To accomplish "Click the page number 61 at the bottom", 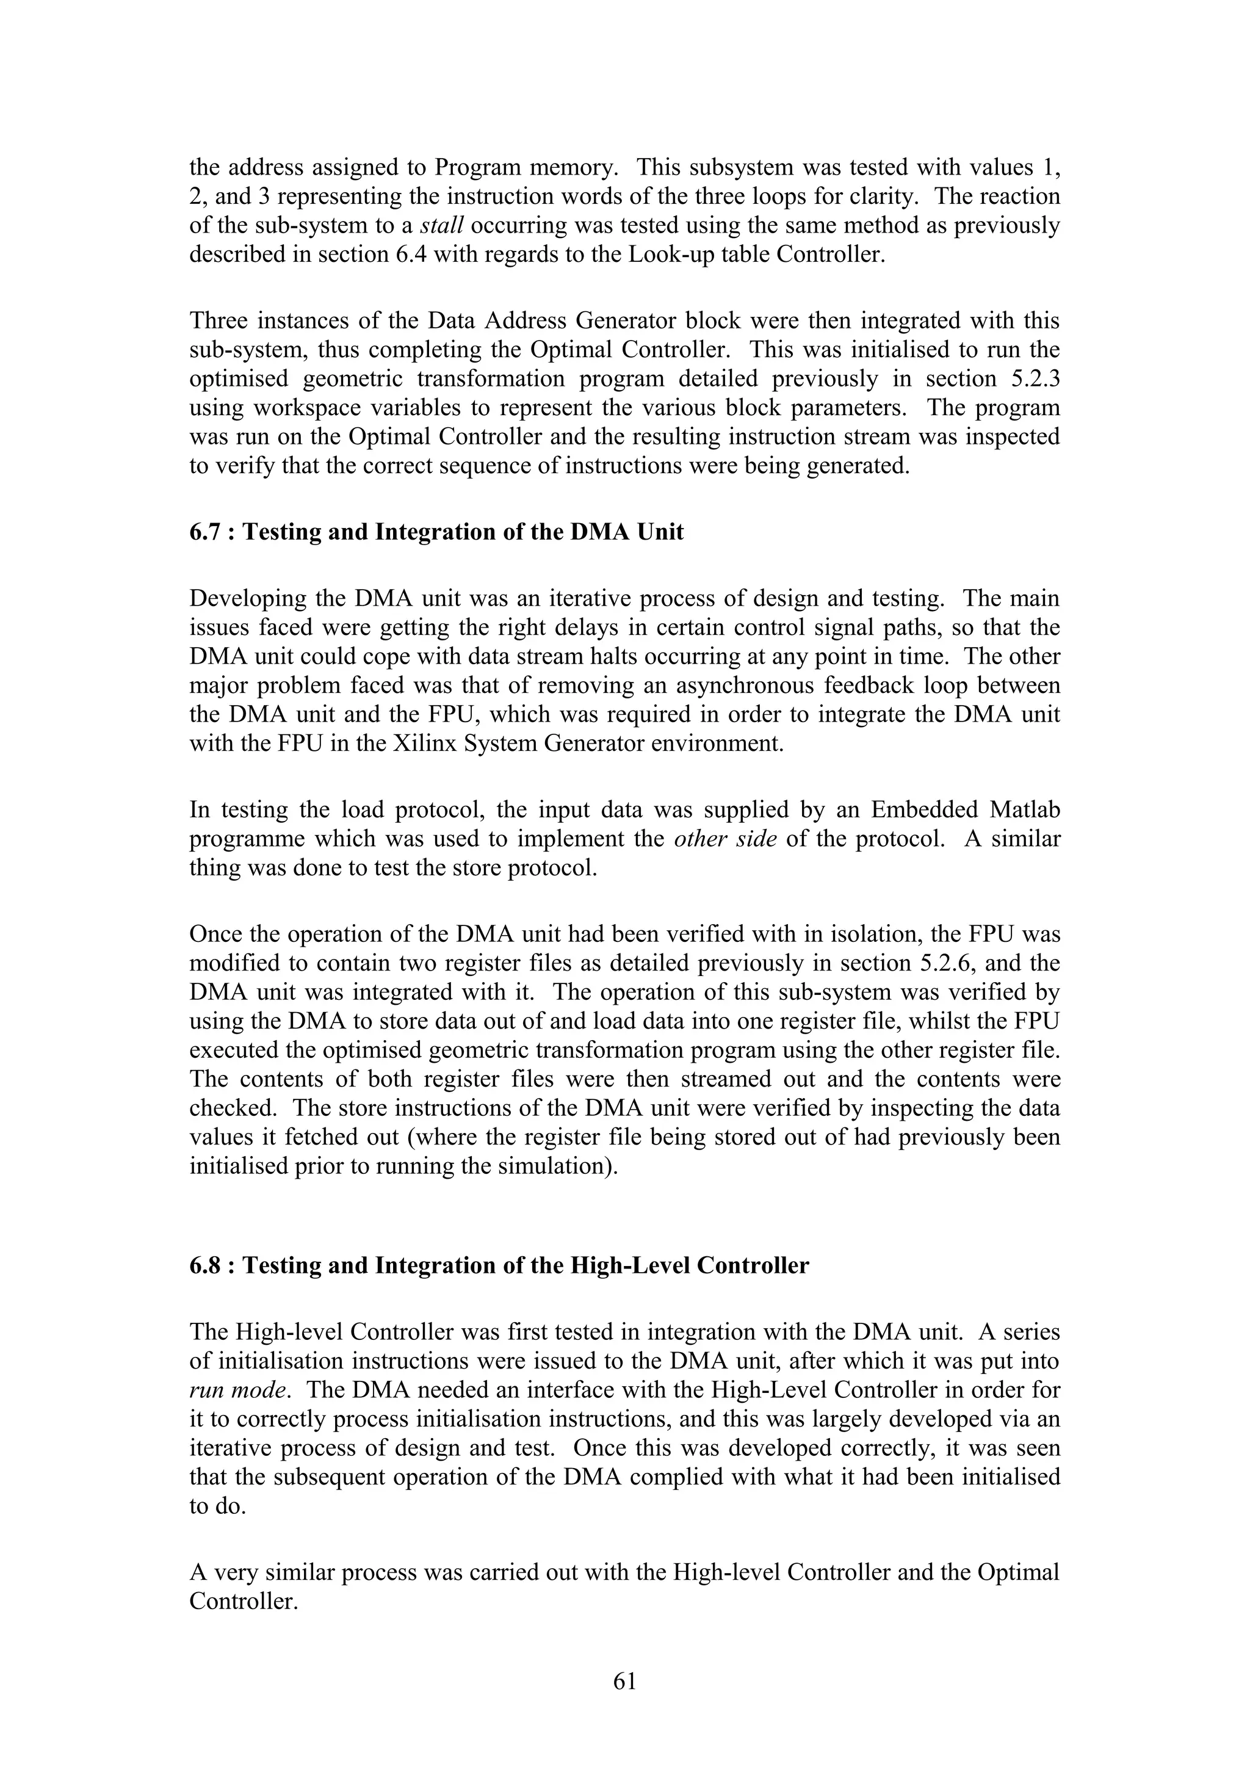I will (x=624, y=1681).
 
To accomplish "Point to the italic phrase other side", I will (x=724, y=839).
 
